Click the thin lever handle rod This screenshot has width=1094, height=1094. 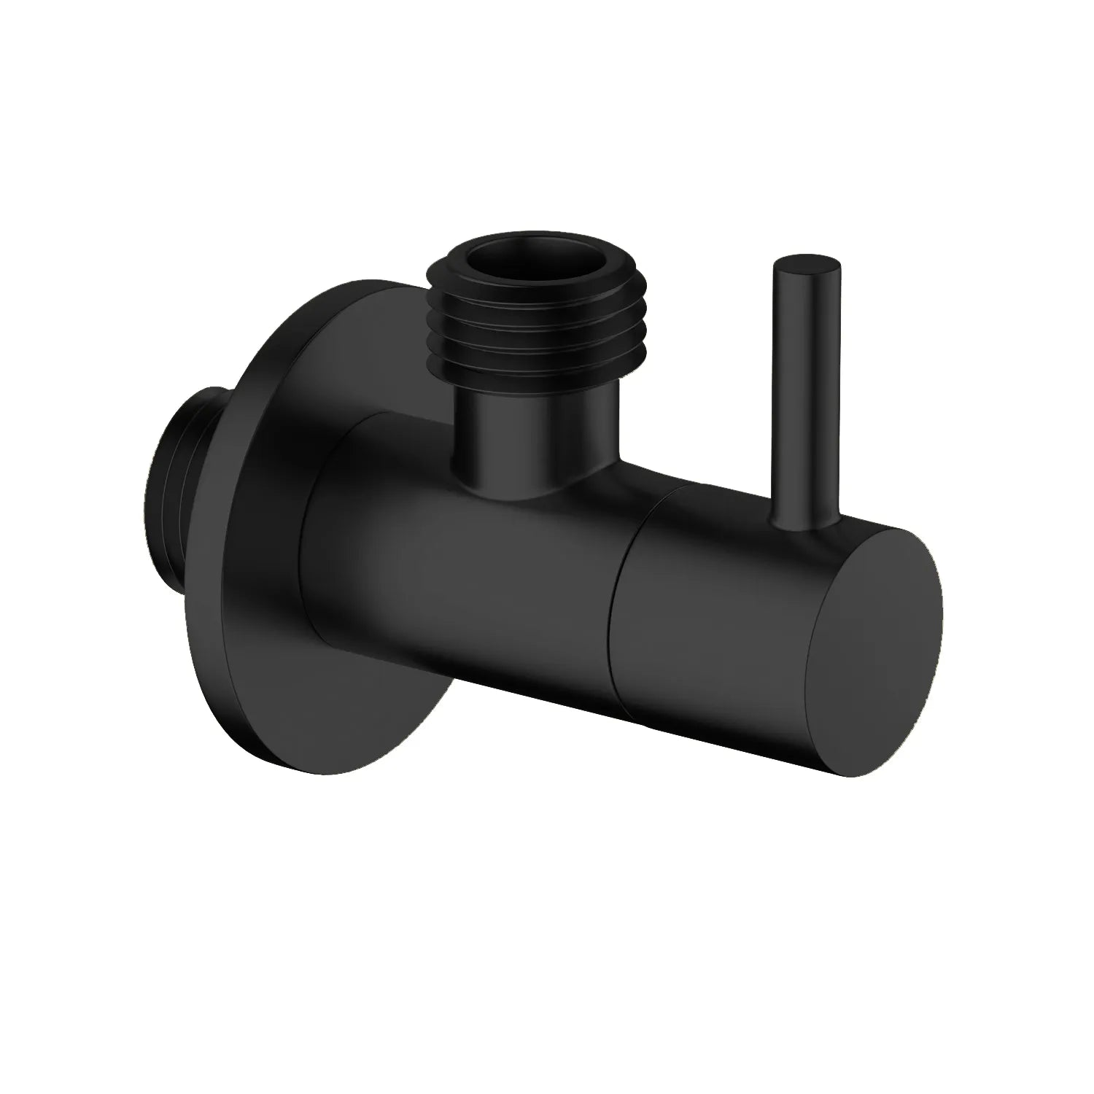click(808, 394)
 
